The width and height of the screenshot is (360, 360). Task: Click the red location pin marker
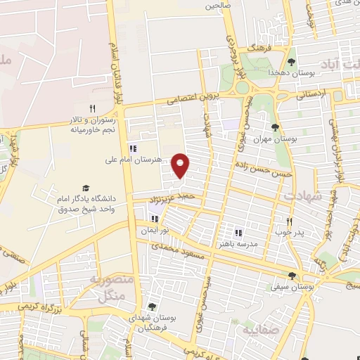(x=181, y=165)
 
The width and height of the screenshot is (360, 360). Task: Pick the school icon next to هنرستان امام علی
(x=132, y=148)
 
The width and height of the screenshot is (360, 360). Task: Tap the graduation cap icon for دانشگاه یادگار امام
(x=86, y=188)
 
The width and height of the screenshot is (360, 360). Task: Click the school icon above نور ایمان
(x=153, y=219)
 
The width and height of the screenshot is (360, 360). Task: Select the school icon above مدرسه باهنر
(x=238, y=232)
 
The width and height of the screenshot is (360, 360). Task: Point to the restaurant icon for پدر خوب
(x=289, y=220)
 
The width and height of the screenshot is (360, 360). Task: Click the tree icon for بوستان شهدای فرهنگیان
(x=152, y=307)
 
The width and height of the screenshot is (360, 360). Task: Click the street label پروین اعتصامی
(x=193, y=98)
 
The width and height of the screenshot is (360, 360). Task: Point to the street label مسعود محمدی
(x=181, y=250)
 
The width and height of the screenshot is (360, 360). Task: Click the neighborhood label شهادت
(x=307, y=197)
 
